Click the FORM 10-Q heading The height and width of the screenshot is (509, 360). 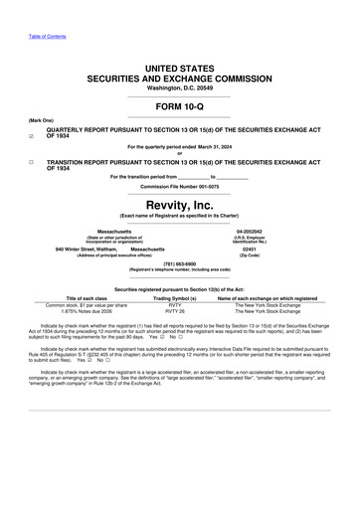click(x=180, y=105)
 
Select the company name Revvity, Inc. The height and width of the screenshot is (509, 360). click(x=180, y=203)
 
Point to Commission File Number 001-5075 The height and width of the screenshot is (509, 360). click(x=180, y=186)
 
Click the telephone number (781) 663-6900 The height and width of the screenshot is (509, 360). click(x=180, y=263)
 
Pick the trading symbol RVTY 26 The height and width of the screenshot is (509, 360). click(x=175, y=311)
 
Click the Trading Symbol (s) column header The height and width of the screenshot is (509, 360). click(x=175, y=297)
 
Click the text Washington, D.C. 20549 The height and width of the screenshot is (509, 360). click(x=180, y=88)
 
